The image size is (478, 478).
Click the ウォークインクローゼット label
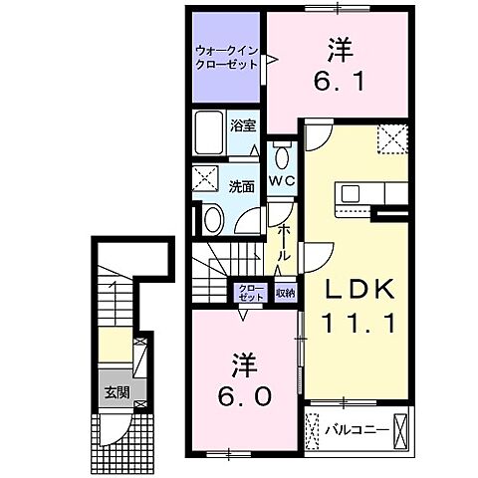click(226, 56)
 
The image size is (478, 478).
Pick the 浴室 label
click(243, 126)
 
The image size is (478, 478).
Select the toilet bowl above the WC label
click(282, 155)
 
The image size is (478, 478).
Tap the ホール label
click(284, 244)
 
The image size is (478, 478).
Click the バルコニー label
click(351, 431)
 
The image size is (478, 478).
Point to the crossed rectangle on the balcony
click(400, 431)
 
